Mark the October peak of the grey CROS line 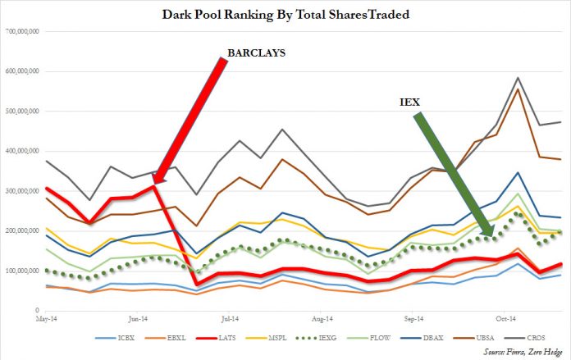(518, 78)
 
